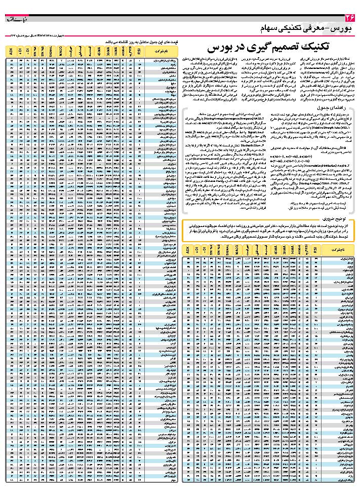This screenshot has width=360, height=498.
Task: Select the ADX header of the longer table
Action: click(x=11, y=51)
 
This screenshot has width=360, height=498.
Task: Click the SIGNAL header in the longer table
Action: click(x=52, y=51)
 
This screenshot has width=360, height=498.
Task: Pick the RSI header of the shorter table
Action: click(x=315, y=250)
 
